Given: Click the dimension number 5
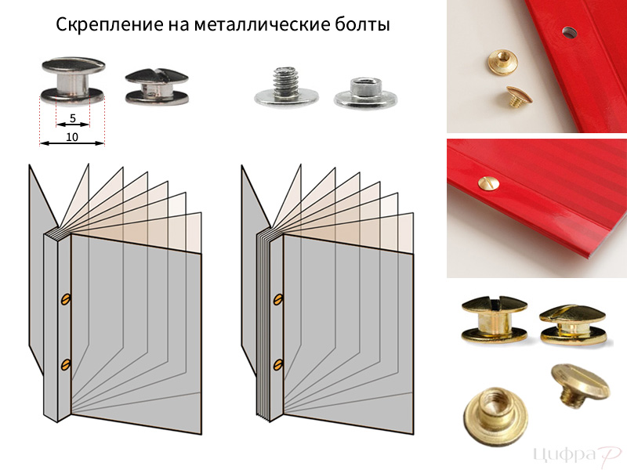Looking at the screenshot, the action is [72, 118].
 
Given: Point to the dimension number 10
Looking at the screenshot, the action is [72, 137].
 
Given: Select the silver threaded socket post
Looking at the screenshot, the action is [365, 93].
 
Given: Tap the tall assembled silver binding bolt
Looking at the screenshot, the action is [72, 81].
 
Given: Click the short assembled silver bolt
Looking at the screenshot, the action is [157, 87].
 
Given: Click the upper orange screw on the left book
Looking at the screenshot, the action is [66, 299].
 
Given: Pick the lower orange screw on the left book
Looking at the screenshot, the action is [66, 364].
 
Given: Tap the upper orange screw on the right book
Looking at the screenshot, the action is [278, 299].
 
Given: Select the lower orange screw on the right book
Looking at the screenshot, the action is [278, 364].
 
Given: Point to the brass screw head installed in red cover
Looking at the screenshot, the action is [488, 183].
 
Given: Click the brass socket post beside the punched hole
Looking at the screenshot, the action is [502, 61].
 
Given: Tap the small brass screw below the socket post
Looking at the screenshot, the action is [519, 97].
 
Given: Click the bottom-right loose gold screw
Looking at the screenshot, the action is [580, 385].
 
